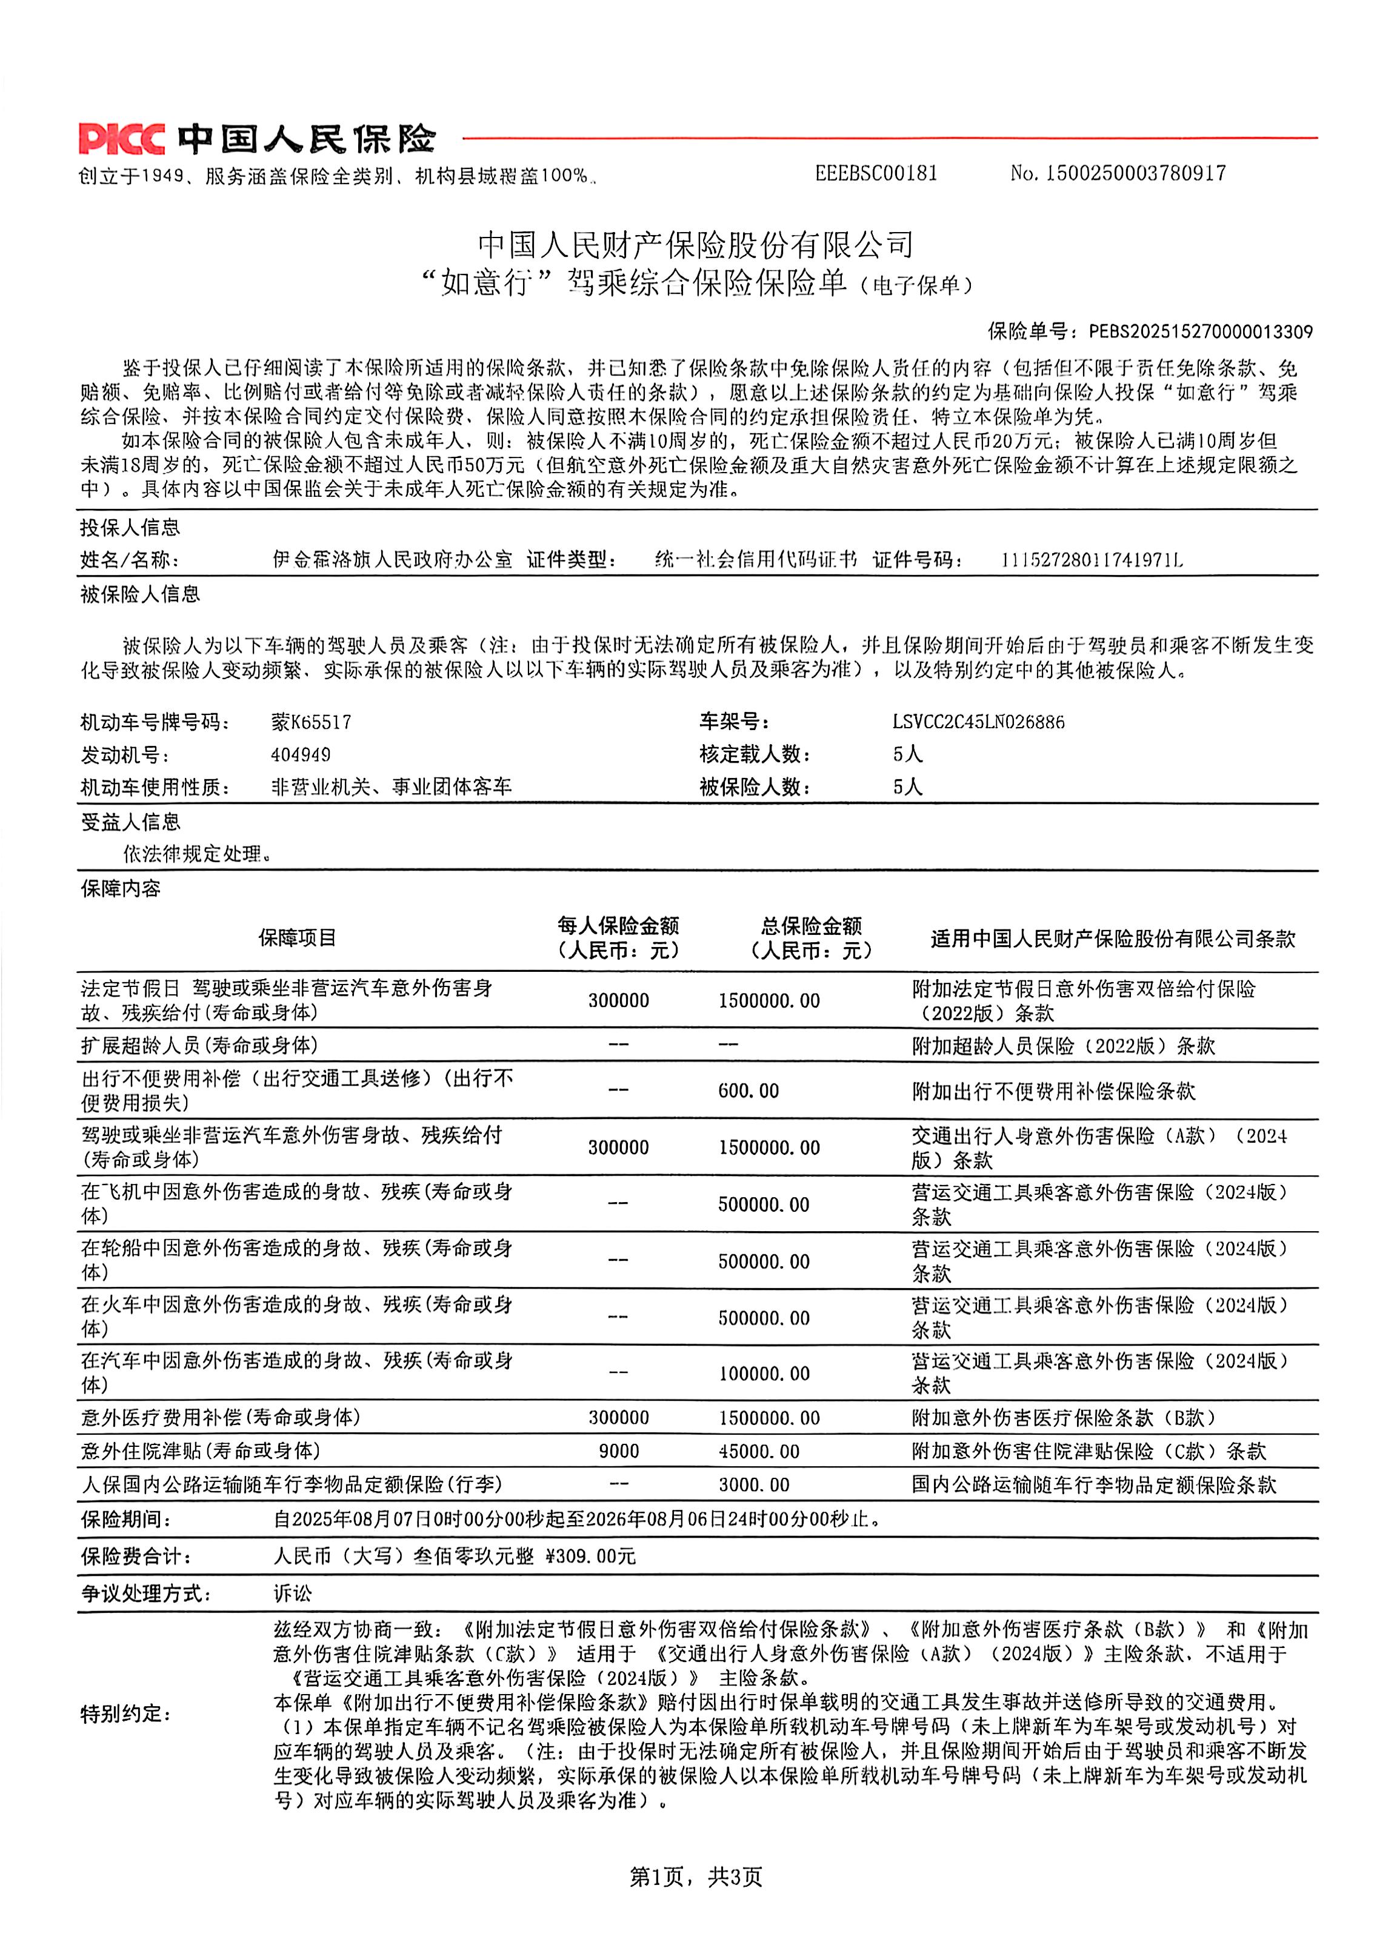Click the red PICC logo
[121, 138]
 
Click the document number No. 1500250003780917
[1118, 174]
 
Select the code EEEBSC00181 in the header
[876, 174]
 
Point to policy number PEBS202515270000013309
[1201, 331]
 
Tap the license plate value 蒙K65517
[310, 722]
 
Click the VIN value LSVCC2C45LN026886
[978, 722]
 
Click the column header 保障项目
[297, 937]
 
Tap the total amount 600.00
[748, 1091]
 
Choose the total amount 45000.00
[759, 1451]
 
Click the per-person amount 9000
[618, 1451]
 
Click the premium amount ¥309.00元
[590, 1556]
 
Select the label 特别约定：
[125, 1713]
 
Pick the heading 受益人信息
[130, 821]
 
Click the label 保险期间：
[125, 1519]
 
